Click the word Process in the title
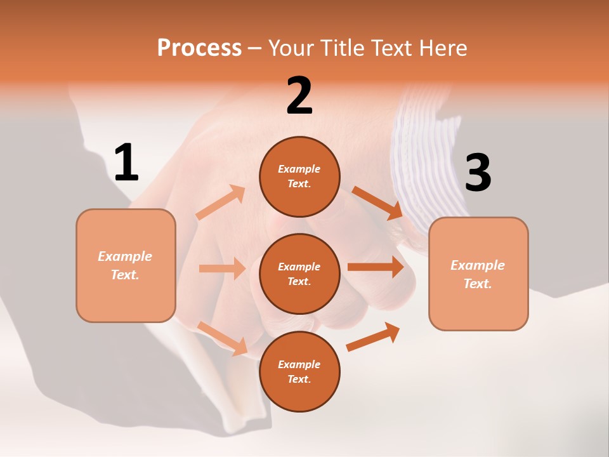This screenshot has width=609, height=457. [199, 48]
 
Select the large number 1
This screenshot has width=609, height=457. [126, 163]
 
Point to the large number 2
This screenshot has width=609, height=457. [299, 96]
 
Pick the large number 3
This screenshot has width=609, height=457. [478, 173]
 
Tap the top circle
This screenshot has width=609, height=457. [299, 176]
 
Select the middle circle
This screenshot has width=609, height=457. [299, 274]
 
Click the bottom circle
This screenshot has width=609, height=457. [299, 371]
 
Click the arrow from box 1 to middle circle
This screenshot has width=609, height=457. [222, 268]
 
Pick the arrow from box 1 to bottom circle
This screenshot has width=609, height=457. [223, 338]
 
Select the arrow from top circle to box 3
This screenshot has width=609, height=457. [377, 202]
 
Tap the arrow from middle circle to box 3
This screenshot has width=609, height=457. [376, 267]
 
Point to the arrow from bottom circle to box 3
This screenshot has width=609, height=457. [373, 337]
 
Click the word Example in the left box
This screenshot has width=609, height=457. [125, 256]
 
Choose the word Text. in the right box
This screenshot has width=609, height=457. [478, 284]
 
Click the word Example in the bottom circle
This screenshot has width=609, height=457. [299, 364]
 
